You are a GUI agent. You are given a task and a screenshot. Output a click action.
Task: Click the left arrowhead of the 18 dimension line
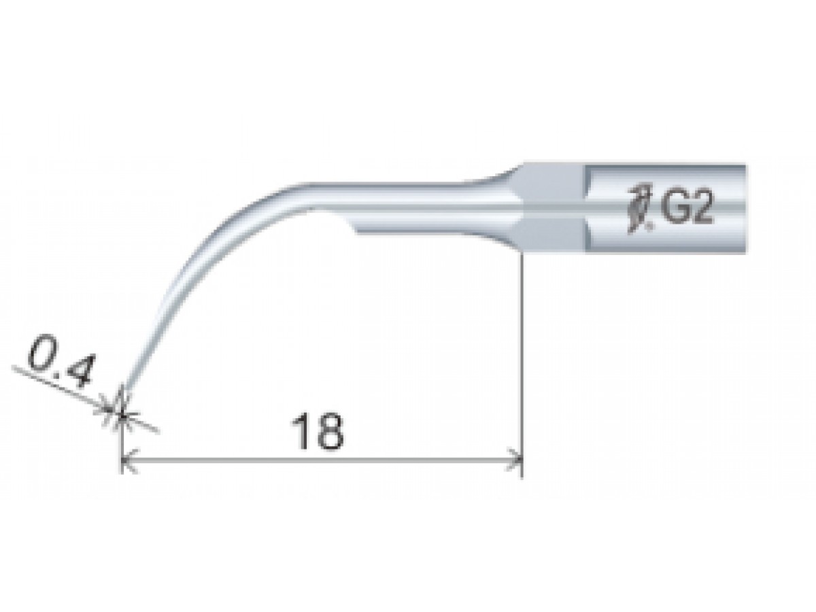tap(129, 461)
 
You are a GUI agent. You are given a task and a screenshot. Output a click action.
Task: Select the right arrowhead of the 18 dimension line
tap(514, 461)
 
